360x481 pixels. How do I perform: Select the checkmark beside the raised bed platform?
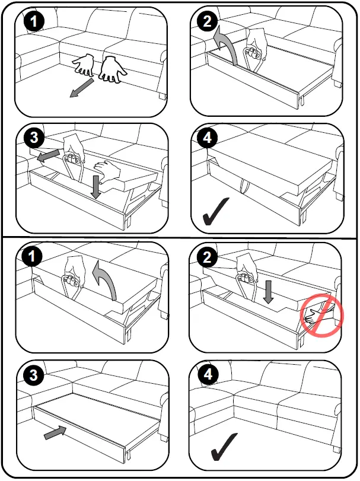click(215, 211)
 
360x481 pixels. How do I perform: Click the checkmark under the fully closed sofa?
click(224, 447)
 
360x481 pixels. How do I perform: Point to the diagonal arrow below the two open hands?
click(82, 88)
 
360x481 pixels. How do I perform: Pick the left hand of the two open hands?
click(84, 65)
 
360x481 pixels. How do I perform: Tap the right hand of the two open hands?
click(111, 69)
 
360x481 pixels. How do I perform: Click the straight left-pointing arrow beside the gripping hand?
click(48, 155)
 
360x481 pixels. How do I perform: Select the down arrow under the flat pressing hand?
click(97, 187)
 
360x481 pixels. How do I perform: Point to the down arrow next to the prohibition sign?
click(269, 291)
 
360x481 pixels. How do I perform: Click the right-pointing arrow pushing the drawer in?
click(55, 433)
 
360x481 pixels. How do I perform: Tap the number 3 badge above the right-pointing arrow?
click(33, 375)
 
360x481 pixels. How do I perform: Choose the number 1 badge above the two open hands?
click(34, 21)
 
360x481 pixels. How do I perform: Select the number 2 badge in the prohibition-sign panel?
click(207, 257)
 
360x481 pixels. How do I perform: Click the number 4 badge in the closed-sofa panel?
click(208, 374)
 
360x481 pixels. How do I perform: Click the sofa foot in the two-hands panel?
click(163, 95)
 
